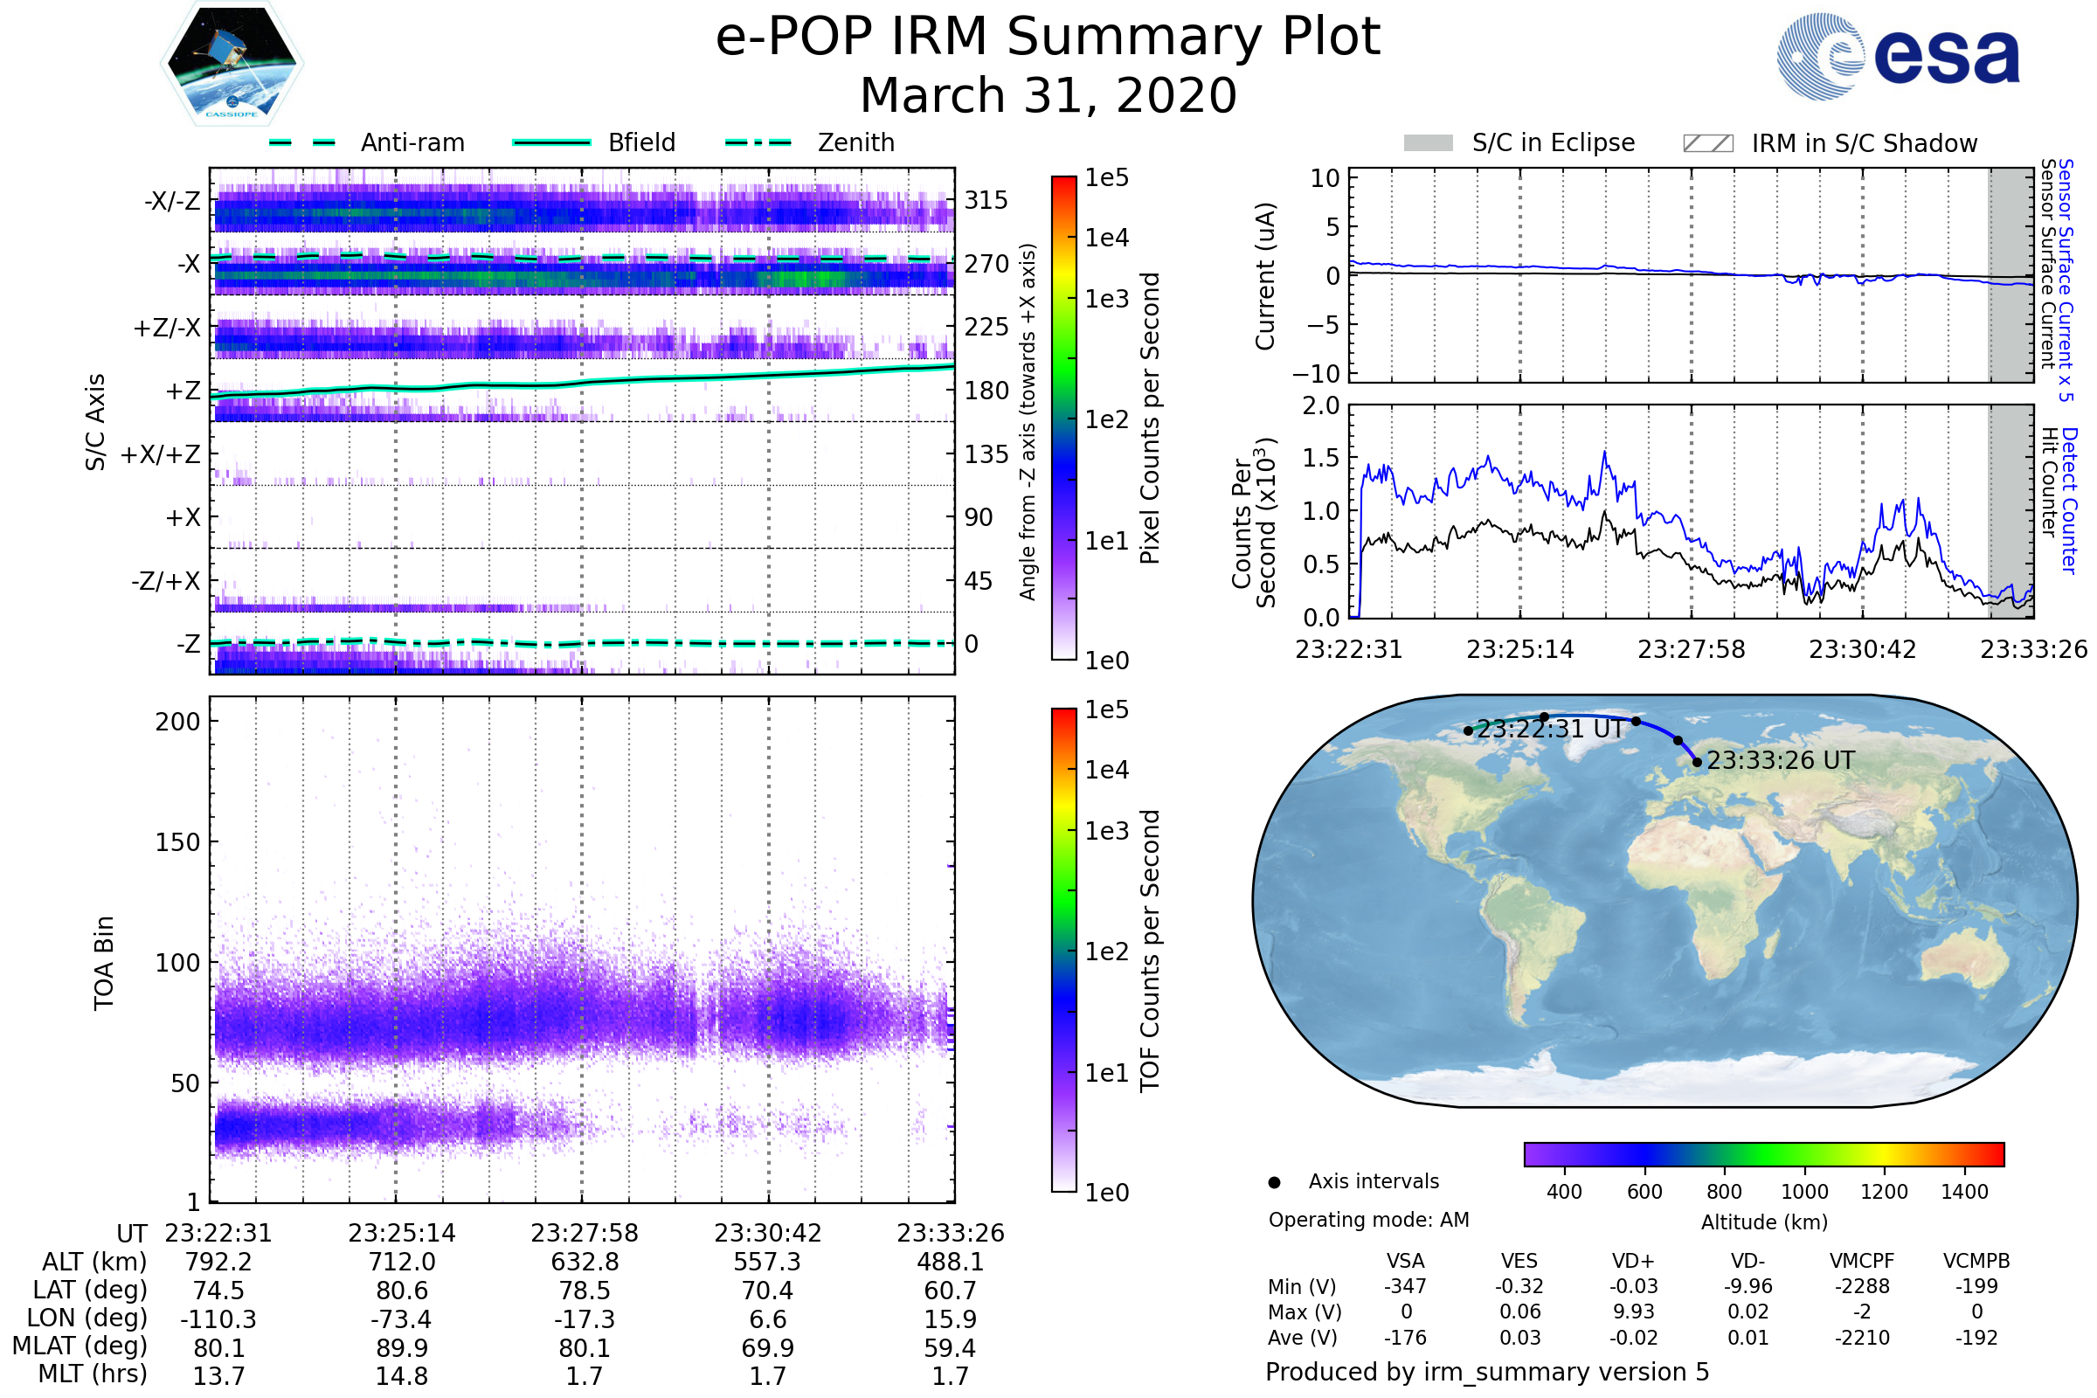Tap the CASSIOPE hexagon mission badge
[x=232, y=63]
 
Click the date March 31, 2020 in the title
[x=1048, y=95]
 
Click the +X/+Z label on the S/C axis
[x=161, y=454]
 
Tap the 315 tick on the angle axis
[x=986, y=200]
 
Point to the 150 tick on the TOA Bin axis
[x=177, y=841]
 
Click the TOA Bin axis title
[x=104, y=962]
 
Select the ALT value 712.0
[x=401, y=1262]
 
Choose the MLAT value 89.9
[x=401, y=1347]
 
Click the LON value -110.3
[x=218, y=1318]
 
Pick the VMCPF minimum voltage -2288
[x=1862, y=1286]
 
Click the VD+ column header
[x=1633, y=1261]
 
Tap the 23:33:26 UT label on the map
[x=1780, y=760]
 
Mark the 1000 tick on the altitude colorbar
[x=1803, y=1192]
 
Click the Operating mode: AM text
[x=1368, y=1220]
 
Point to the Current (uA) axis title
[x=1265, y=275]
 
